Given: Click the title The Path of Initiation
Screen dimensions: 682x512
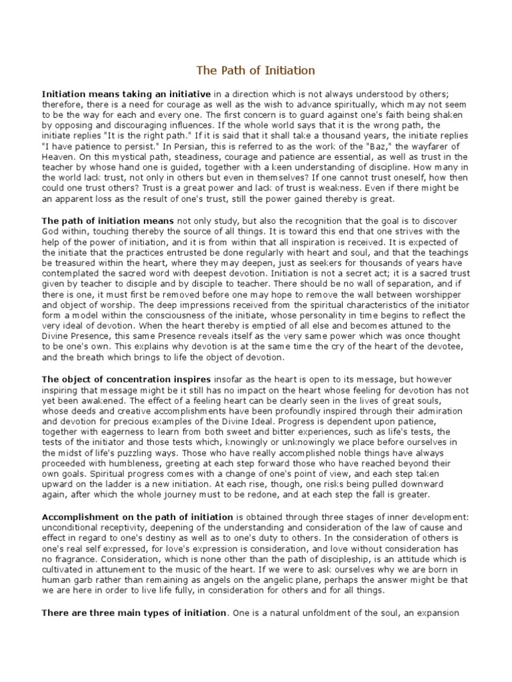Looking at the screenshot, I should pos(256,70).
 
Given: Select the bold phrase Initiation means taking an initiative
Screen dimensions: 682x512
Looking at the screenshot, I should pos(126,94).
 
